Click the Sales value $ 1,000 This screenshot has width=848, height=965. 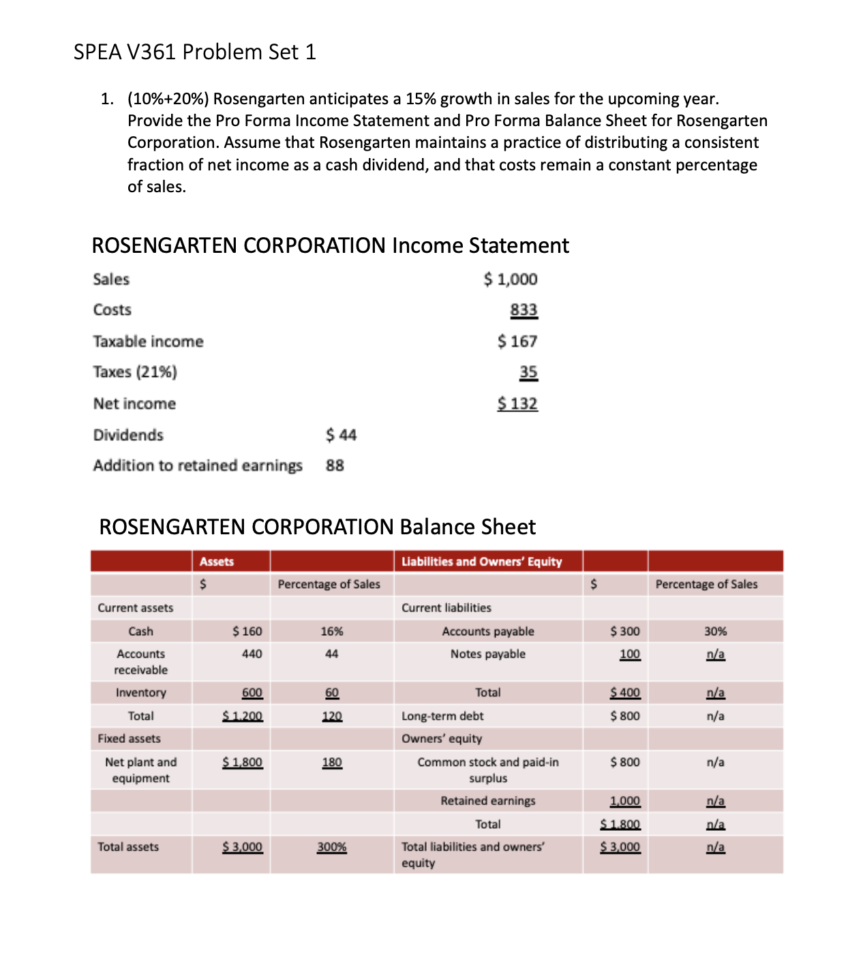point(511,279)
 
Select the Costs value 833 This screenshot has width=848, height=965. point(524,310)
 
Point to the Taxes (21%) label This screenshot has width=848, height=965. point(135,372)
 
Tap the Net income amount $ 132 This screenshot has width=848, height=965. point(517,403)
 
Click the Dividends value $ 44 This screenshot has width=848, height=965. point(341,435)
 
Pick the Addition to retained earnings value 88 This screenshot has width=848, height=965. point(335,465)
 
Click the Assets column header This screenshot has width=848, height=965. point(217,562)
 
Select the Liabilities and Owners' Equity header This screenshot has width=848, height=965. point(481,562)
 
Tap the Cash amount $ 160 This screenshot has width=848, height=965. point(247,631)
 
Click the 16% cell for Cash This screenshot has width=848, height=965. point(331,631)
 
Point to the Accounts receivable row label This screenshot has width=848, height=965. point(140,662)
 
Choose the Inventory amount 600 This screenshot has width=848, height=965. point(252,692)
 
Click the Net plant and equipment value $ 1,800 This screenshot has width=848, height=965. point(242,762)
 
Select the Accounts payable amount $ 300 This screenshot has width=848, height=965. point(624,631)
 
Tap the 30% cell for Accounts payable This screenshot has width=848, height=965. point(715,631)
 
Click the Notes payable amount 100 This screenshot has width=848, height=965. point(629,654)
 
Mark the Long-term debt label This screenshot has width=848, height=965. point(442,716)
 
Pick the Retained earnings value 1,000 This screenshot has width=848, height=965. point(624,801)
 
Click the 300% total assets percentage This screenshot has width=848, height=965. point(331,847)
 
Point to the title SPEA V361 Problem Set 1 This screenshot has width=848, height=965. point(195,52)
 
